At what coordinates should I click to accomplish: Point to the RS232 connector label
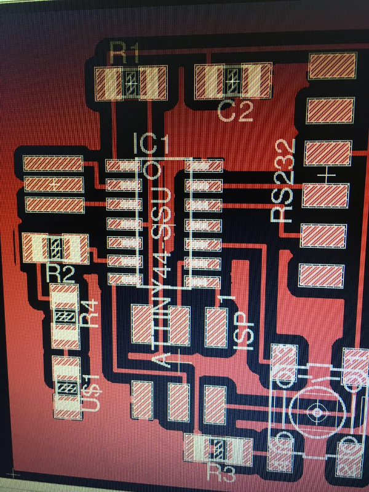point(284,181)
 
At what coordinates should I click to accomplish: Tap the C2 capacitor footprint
point(232,80)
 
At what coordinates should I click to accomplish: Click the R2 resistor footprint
point(55,248)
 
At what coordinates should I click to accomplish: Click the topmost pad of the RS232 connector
point(333,66)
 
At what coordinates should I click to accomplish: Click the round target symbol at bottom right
point(317,412)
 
